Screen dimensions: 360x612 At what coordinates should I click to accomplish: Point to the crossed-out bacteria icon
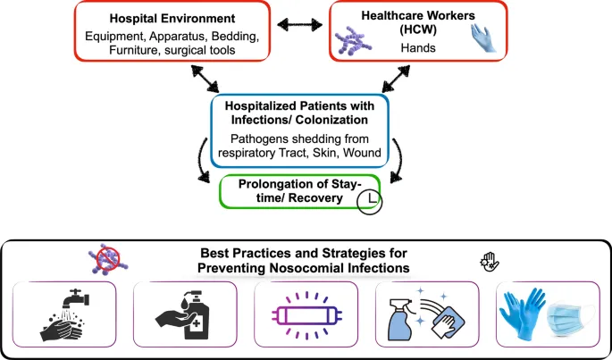pyautogui.click(x=105, y=260)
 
